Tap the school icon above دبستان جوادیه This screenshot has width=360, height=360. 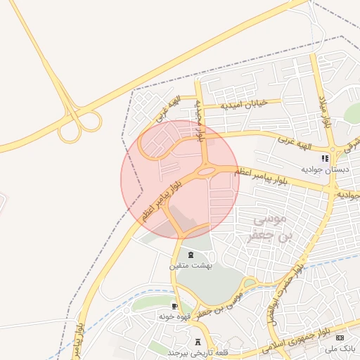[324, 158]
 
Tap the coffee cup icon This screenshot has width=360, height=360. [174, 307]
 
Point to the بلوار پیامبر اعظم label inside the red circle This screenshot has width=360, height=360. [164, 201]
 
